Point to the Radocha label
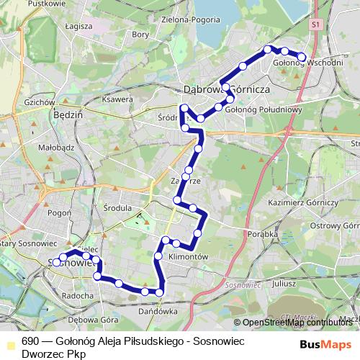click(x=77, y=295)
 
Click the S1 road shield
click(x=315, y=24)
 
